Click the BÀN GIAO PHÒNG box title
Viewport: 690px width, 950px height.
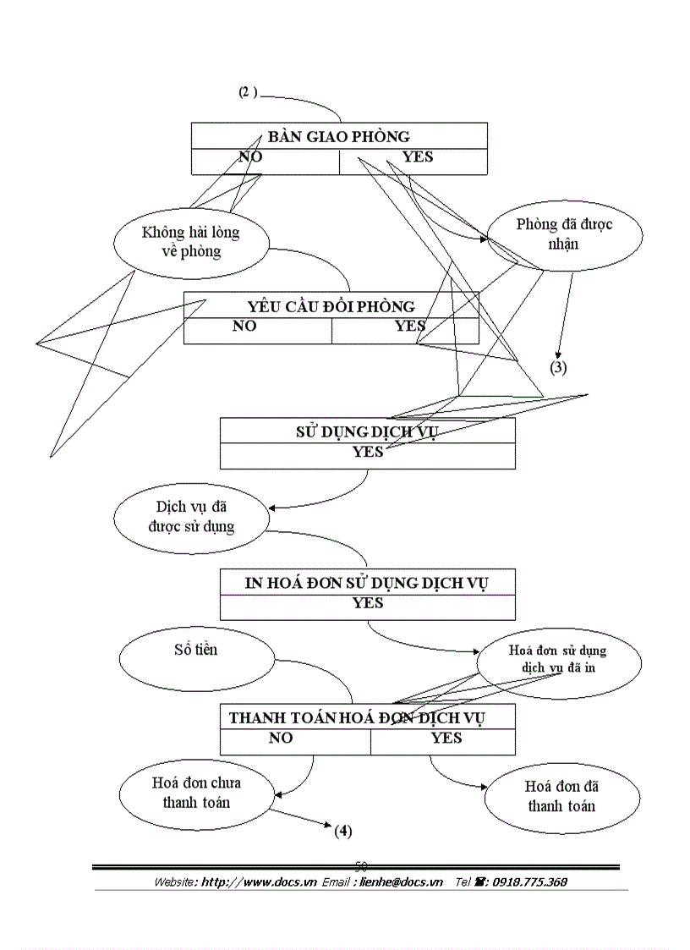(x=339, y=136)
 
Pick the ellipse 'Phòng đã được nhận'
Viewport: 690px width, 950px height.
(x=564, y=233)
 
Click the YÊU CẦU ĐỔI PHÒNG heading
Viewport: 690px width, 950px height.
(x=331, y=305)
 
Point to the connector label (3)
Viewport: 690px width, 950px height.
(x=558, y=367)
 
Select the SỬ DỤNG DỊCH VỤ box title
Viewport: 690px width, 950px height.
(x=367, y=431)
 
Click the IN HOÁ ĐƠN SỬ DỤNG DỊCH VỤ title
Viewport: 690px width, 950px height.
(x=367, y=582)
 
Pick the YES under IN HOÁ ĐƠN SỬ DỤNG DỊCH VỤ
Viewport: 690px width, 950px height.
(x=367, y=603)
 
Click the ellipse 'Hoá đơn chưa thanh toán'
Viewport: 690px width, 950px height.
(x=196, y=792)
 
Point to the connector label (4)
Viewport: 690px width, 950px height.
(x=342, y=830)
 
